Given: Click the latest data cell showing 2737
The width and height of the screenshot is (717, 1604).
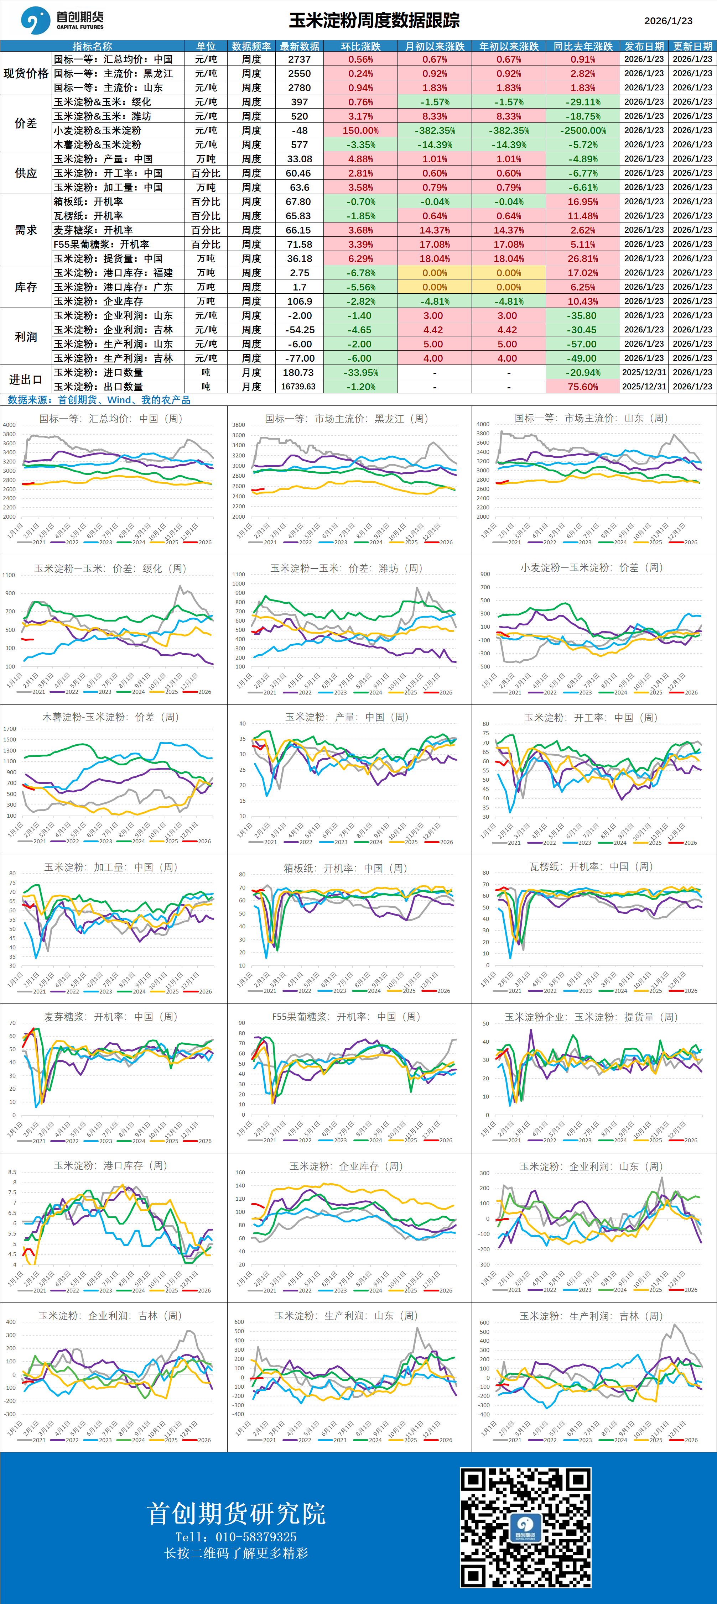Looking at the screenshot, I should tap(299, 59).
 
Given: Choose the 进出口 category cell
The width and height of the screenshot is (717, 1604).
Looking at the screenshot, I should tap(26, 379).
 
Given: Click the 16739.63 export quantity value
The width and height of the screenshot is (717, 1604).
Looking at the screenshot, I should tap(298, 387).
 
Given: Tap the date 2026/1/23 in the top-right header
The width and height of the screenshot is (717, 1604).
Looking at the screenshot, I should tap(668, 21).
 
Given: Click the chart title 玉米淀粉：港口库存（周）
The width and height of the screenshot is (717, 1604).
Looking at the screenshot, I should tap(110, 1165).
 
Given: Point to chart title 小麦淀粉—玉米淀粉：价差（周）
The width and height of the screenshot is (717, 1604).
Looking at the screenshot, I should tap(592, 567).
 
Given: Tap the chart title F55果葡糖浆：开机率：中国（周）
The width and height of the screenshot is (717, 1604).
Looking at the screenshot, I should tap(346, 1016).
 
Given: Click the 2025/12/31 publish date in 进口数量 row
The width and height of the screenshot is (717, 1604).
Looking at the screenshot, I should tap(644, 372).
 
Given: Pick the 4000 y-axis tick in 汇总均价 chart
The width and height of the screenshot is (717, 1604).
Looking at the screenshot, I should tap(9, 425).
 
